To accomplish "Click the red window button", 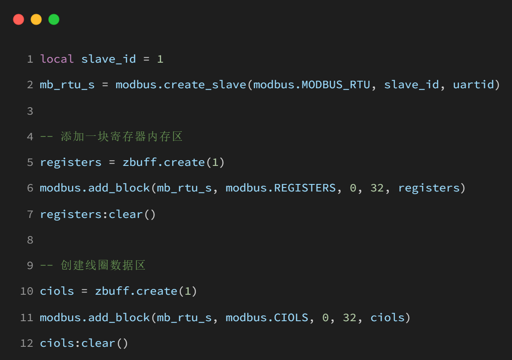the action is [19, 19].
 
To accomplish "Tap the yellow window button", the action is [36, 19].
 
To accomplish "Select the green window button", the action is [54, 19].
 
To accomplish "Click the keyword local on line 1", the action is [57, 59].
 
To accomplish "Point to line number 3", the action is [30, 111].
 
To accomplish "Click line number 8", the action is [30, 240].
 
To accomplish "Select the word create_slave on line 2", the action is [205, 85].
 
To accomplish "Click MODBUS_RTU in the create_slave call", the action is [336, 85].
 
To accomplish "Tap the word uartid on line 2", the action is [474, 85].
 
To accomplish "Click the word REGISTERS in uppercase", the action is [305, 188].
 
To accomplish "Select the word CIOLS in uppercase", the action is [291, 317].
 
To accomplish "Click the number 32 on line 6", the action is [377, 188].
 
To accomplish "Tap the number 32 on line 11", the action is [350, 317].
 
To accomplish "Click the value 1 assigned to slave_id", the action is [160, 59].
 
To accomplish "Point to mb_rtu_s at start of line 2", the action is [67, 85].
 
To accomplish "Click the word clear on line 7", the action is [126, 214].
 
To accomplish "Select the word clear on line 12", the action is [98, 343].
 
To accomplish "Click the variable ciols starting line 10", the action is [57, 291].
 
